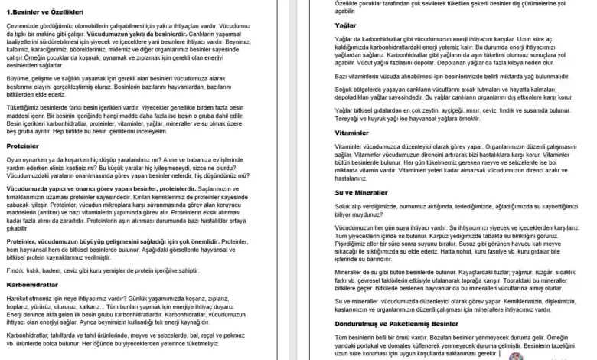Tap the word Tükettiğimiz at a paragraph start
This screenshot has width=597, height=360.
tap(24, 107)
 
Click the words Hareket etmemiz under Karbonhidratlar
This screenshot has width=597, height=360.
tap(30, 299)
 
